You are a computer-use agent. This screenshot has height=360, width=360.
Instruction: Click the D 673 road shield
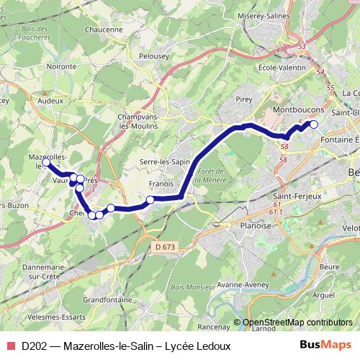pos(163,247)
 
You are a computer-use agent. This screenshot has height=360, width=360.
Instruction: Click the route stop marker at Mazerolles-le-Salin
pos(47,163)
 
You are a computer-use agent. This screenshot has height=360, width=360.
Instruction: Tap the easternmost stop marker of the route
pos(313,125)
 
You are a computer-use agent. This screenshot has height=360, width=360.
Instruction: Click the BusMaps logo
pos(325,345)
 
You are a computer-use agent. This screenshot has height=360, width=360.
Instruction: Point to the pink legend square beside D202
pos(11,346)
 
